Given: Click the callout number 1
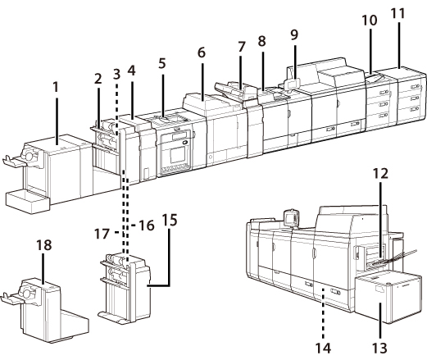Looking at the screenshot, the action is [x=56, y=88].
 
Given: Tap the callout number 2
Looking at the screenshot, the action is [x=98, y=79].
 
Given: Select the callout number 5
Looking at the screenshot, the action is [x=162, y=63].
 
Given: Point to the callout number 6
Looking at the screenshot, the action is [x=202, y=52].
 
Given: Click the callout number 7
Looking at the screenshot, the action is [x=241, y=47].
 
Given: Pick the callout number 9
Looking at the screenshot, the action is [x=294, y=34].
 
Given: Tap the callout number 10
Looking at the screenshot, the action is [x=370, y=21].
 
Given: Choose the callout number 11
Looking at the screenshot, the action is [x=397, y=13].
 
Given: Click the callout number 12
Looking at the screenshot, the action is [x=380, y=174].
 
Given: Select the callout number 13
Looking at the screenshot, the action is [x=380, y=349].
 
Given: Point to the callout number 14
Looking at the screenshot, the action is [x=323, y=349].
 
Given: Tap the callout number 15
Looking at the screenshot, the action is [x=170, y=221].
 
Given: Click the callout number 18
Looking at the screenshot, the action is [x=44, y=245].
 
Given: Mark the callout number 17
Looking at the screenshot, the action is [x=102, y=234].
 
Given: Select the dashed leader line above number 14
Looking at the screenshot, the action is [x=324, y=313].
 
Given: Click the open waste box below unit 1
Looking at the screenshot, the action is [x=27, y=202].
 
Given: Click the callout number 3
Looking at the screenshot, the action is [x=116, y=74].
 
